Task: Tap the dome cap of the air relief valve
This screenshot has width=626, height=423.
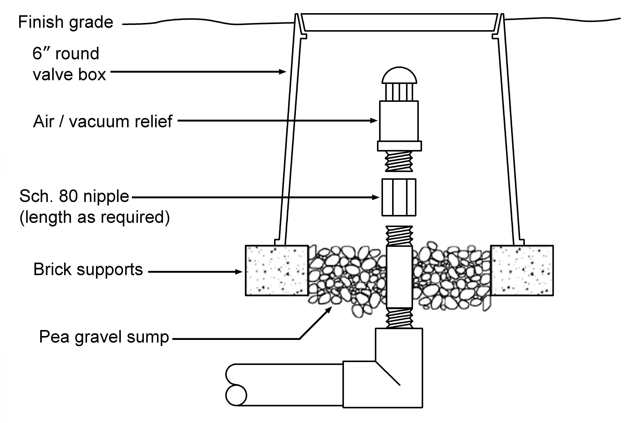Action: click(x=399, y=75)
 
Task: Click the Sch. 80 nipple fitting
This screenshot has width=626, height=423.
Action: click(x=399, y=197)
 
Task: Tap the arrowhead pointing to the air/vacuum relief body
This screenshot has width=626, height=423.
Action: click(x=374, y=121)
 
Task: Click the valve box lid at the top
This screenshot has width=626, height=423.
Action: click(x=399, y=22)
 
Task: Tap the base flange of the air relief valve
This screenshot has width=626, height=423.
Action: click(x=399, y=146)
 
